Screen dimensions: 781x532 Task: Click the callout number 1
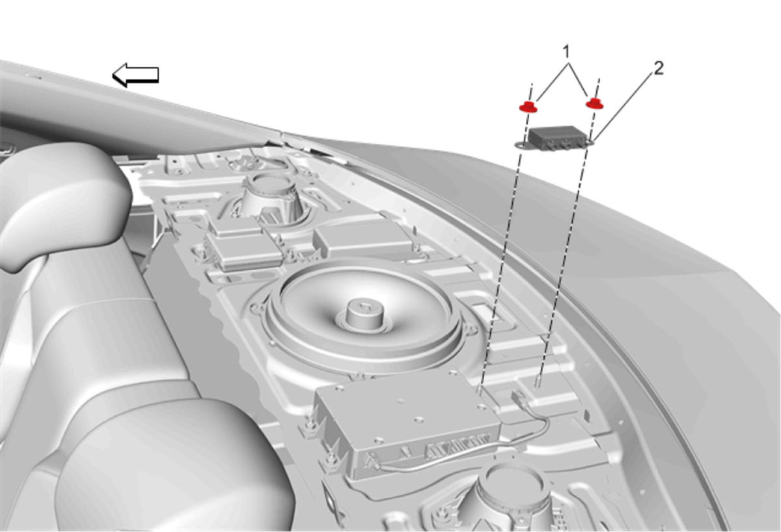click(566, 51)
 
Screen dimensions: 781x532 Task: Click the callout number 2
click(658, 69)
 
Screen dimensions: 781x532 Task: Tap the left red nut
click(528, 107)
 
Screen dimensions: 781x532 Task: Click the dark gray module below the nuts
click(555, 138)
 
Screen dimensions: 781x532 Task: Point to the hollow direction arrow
click(135, 74)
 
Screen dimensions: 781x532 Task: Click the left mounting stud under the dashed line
click(480, 389)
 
